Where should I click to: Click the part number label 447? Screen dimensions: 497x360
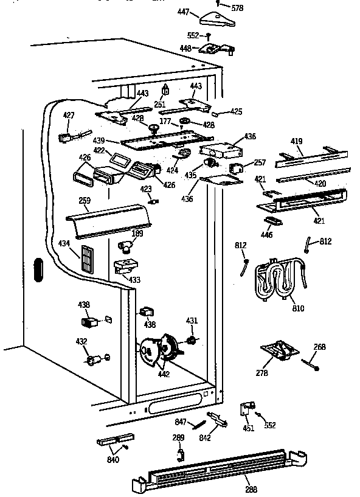pos(183,12)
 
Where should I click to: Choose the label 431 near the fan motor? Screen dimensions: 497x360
pos(192,321)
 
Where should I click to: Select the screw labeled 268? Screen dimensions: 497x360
pos(310,364)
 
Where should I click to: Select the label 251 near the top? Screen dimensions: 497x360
pos(160,105)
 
